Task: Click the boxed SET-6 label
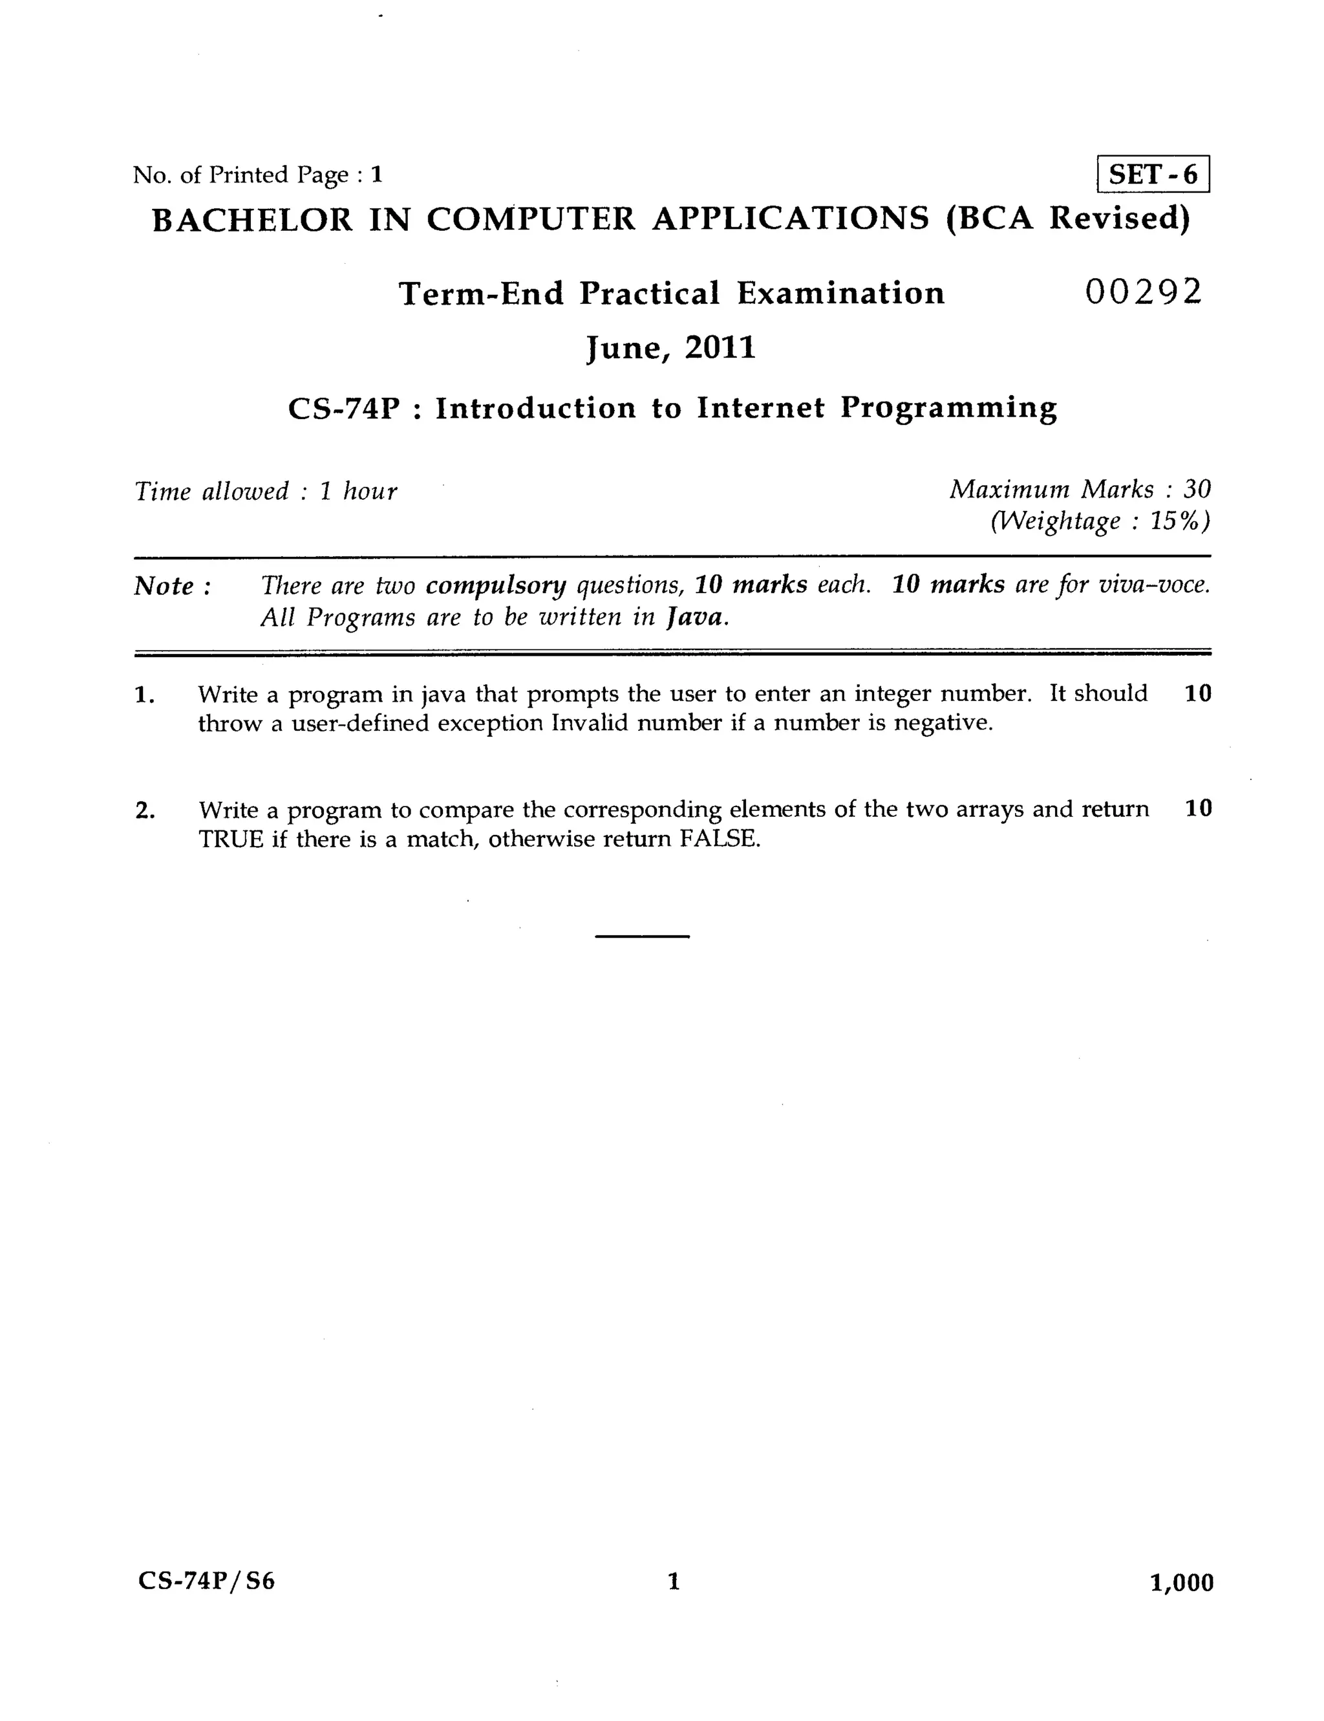(1152, 174)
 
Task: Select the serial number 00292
(1144, 292)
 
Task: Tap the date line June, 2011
(671, 347)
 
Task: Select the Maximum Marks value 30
(1197, 490)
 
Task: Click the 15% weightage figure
(1179, 521)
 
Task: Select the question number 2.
(144, 810)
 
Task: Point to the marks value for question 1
(1197, 693)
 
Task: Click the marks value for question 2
(1197, 808)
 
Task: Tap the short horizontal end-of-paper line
(642, 936)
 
